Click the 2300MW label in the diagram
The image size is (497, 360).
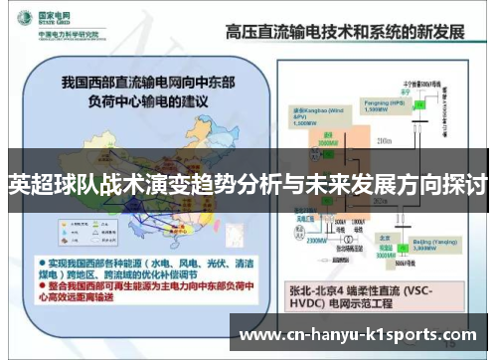click(316, 240)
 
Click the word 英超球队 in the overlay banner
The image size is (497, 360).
click(45, 184)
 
